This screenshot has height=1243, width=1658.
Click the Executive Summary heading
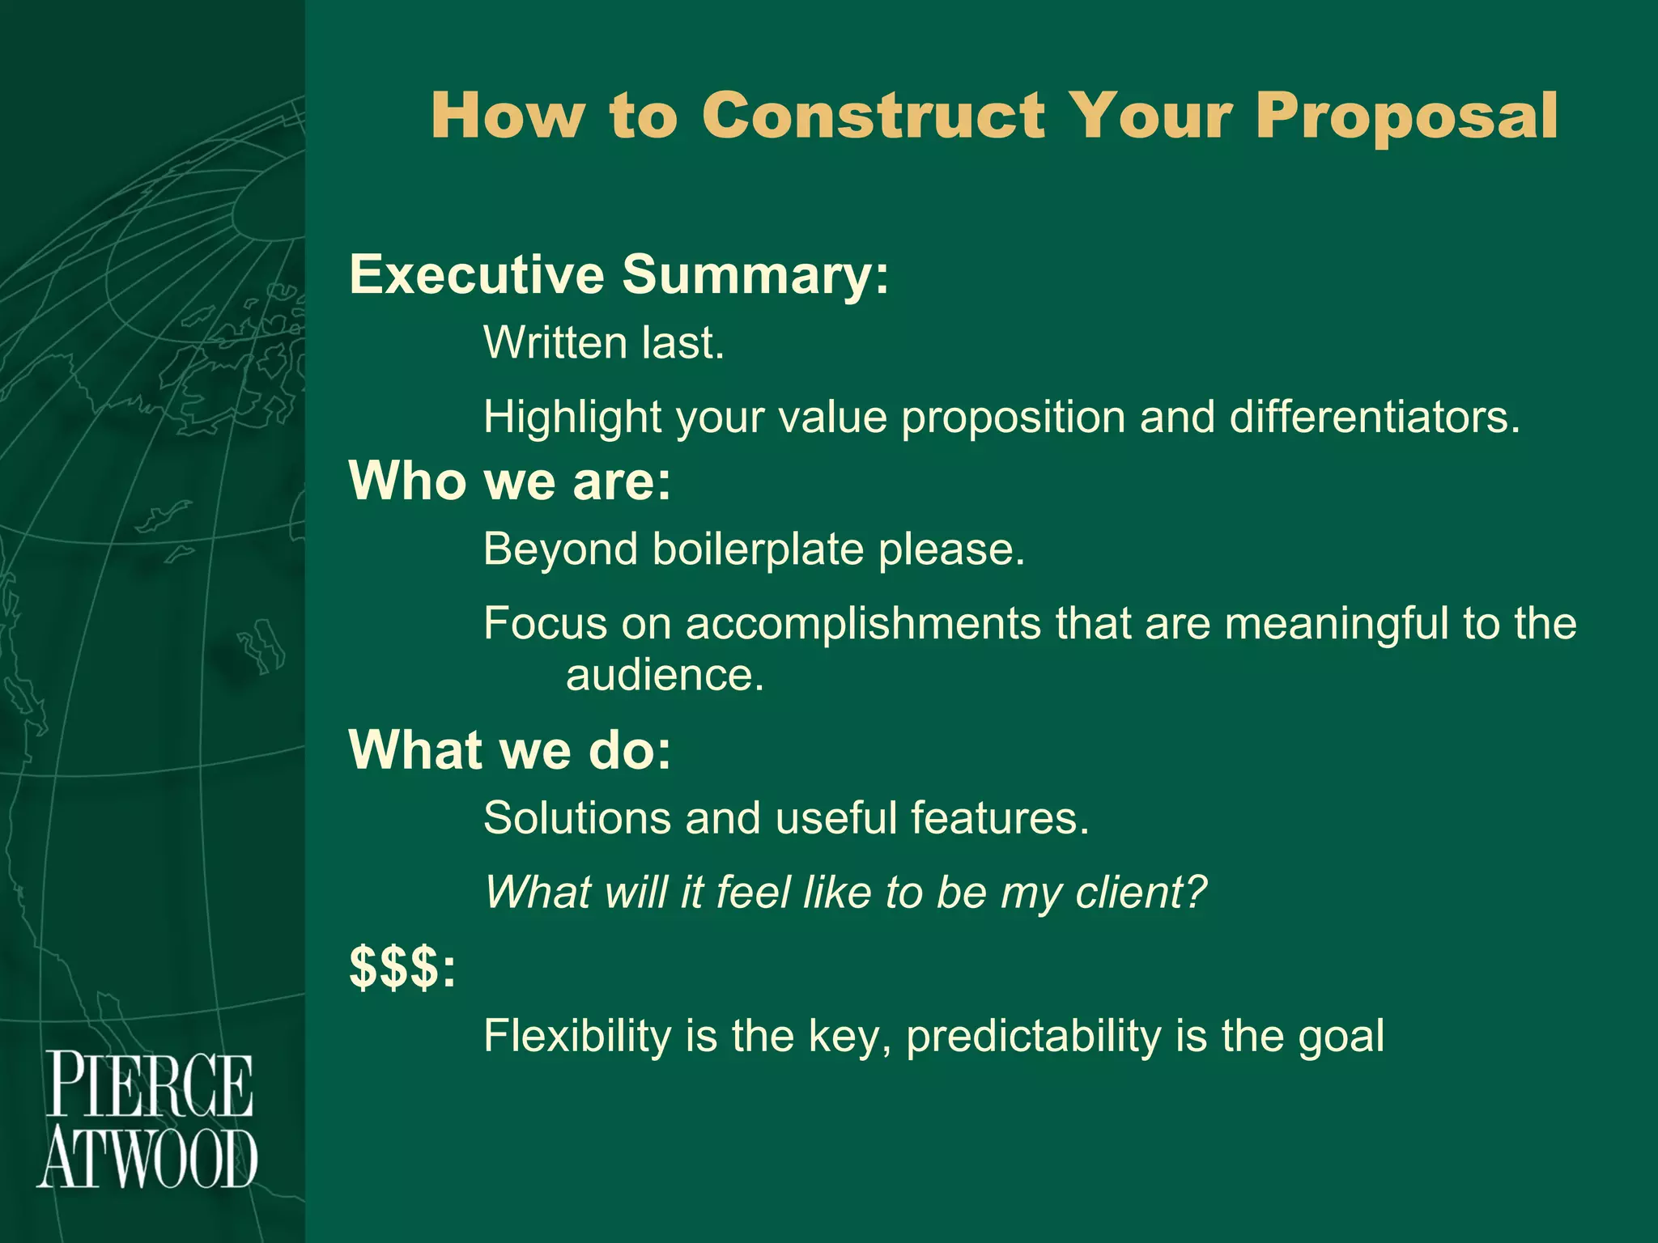[619, 274]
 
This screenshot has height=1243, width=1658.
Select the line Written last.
[603, 343]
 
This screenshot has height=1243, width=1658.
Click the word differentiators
[1374, 418]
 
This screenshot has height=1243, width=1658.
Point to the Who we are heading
[510, 481]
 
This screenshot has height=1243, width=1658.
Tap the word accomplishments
[863, 624]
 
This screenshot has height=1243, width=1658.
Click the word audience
[664, 675]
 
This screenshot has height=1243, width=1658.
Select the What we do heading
[510, 749]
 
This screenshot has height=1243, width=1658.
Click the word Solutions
[576, 818]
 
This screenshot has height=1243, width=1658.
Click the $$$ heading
[402, 967]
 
